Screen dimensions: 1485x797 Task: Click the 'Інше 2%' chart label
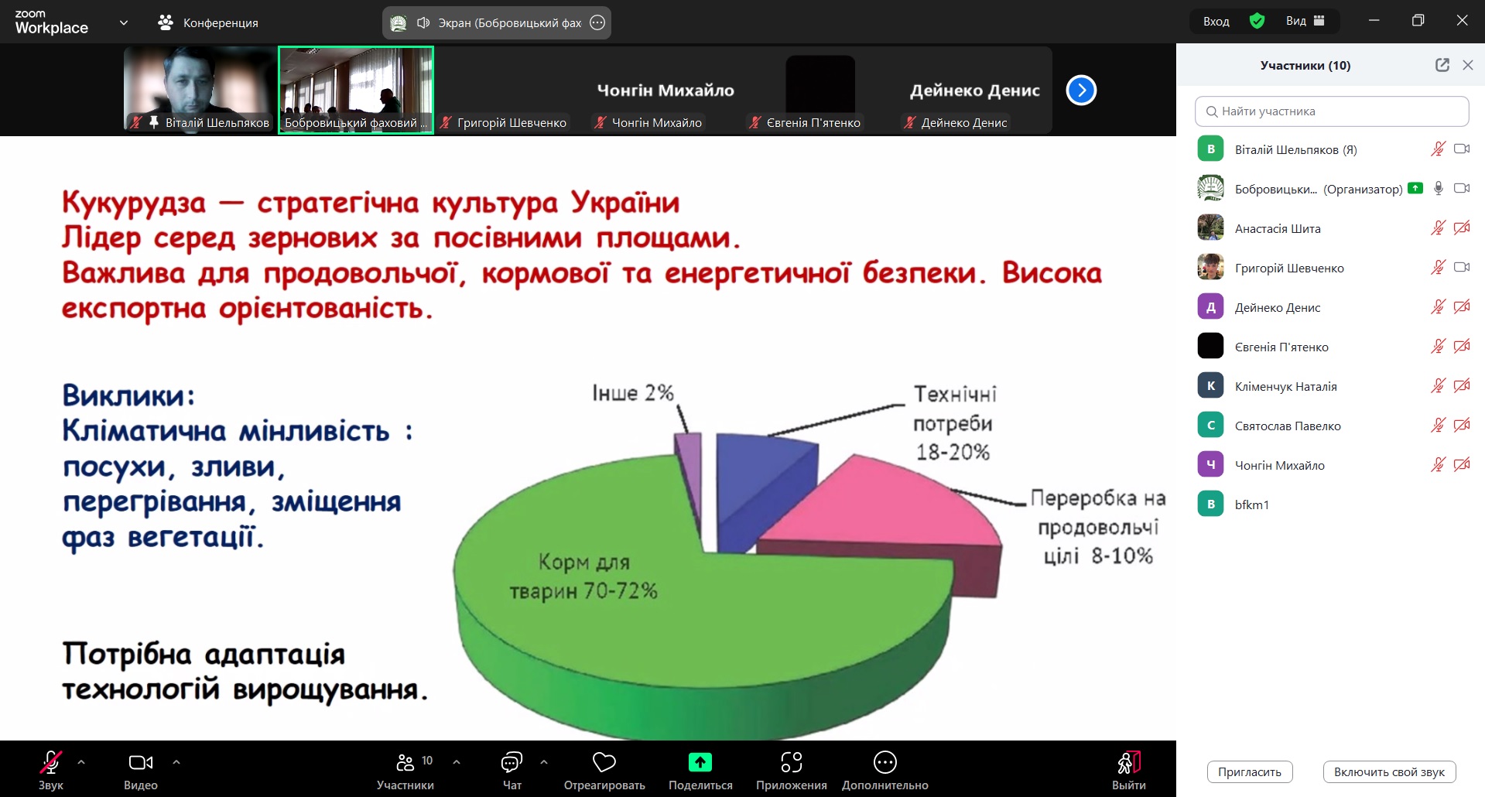click(x=633, y=393)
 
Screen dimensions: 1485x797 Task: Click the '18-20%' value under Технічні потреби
click(x=953, y=452)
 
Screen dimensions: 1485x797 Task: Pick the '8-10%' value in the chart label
click(x=1122, y=556)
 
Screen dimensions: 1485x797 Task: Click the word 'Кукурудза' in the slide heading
click(x=134, y=203)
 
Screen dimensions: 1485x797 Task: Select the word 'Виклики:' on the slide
click(x=128, y=395)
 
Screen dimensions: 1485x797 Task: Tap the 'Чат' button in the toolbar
click(x=512, y=770)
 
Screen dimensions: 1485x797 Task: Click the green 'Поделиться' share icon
click(x=700, y=762)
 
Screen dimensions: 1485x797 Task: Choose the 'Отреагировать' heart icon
click(x=604, y=762)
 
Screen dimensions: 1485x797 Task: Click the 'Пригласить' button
click(x=1250, y=771)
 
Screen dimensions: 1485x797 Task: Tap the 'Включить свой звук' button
click(x=1389, y=771)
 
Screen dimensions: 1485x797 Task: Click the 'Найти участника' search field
click(x=1332, y=111)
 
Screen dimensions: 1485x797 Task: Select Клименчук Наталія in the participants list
click(x=1285, y=386)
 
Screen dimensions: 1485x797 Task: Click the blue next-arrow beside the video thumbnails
click(x=1081, y=91)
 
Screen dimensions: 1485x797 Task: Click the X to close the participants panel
click(x=1467, y=66)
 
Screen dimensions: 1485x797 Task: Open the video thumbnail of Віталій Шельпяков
click(x=200, y=90)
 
